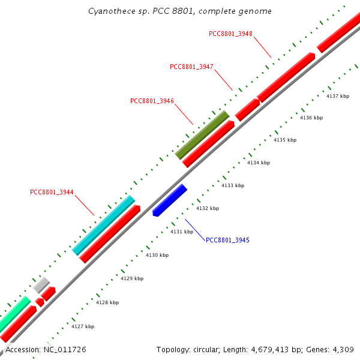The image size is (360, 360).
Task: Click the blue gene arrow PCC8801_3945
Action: click(170, 200)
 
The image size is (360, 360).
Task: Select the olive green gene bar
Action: click(202, 135)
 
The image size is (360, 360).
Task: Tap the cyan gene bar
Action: click(104, 225)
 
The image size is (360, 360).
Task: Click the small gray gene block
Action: click(41, 285)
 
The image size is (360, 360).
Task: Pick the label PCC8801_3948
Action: click(230, 34)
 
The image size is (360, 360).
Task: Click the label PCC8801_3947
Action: click(191, 67)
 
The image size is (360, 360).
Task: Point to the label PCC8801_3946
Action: click(152, 101)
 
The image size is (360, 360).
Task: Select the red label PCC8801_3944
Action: click(52, 193)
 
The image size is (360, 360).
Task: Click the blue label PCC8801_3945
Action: click(227, 240)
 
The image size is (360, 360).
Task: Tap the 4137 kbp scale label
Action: click(337, 96)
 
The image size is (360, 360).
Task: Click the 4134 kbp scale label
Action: click(259, 163)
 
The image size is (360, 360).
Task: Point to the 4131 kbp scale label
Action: click(182, 232)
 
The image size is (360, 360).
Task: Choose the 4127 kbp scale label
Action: click(83, 326)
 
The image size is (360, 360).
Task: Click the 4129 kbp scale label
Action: click(132, 278)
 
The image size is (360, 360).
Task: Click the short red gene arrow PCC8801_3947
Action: click(247, 110)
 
